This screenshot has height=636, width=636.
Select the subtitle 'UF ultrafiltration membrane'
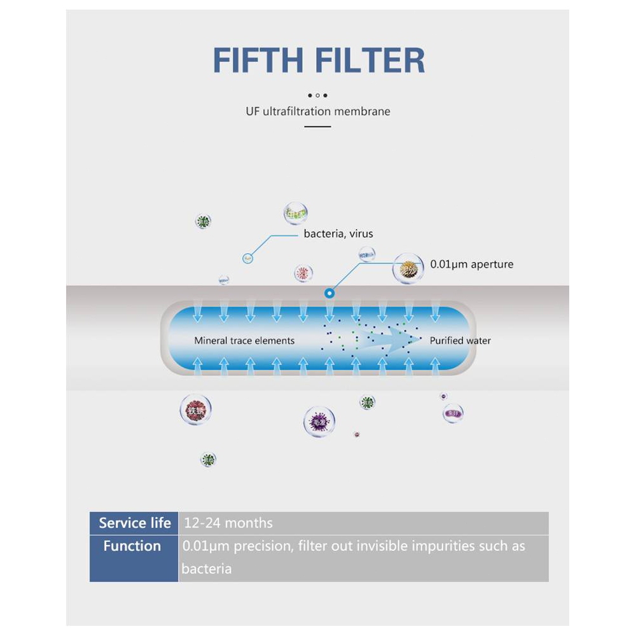318,111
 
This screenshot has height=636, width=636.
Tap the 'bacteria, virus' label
338,234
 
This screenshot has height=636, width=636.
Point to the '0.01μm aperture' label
471,264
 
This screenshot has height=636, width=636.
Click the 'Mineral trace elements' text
244,341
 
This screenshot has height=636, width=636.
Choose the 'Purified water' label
460,341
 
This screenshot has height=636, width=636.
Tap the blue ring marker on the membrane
329,293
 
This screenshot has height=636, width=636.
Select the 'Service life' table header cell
134,523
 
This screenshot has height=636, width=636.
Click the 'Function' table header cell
132,546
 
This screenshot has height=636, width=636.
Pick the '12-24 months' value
228,523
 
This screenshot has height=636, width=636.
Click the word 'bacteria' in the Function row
206,569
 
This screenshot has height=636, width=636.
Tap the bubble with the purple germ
319,421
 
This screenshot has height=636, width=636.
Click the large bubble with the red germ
195,410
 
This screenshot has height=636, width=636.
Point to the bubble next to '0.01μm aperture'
408,268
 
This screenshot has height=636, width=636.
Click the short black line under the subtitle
318,127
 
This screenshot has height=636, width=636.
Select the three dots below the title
318,95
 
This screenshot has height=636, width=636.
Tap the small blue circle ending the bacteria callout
248,258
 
